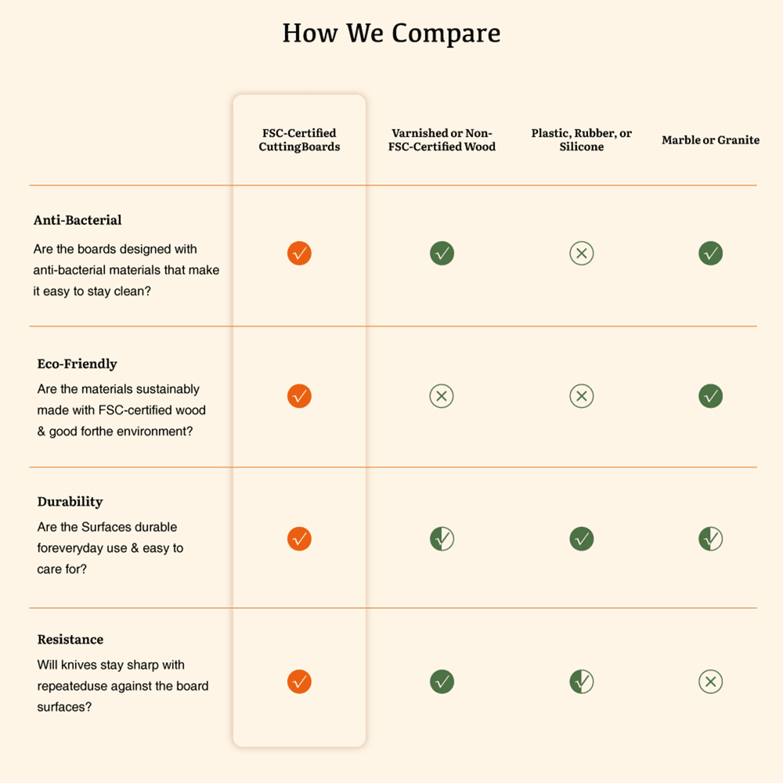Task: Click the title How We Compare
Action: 391,34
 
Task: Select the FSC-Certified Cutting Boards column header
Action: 299,140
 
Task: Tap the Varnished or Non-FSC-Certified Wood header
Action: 442,140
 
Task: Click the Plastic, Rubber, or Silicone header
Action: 581,140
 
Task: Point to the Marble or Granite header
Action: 710,140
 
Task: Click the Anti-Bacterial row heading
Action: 78,220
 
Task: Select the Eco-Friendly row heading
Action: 77,363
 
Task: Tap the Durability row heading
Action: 70,501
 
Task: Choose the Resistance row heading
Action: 70,639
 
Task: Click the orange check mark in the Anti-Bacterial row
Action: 299,254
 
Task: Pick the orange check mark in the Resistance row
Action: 299,682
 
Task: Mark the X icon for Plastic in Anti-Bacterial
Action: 581,254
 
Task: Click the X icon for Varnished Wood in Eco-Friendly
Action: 442,396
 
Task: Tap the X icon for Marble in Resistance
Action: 710,682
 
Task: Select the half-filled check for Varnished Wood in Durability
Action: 442,539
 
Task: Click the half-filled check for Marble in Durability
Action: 710,539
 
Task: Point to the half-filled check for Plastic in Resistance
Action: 581,682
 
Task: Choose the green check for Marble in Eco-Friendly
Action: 710,396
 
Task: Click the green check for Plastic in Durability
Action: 581,539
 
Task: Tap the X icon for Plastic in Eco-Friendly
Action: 581,396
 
